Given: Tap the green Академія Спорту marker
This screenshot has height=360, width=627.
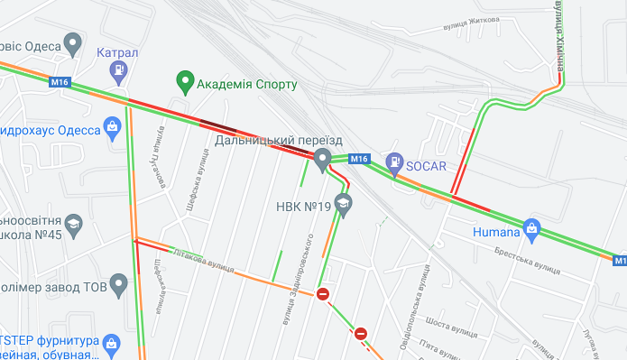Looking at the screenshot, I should click(x=187, y=83).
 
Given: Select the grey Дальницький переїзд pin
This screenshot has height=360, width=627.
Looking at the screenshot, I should click(x=322, y=162).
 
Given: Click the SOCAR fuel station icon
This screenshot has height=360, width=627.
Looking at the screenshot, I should click(x=394, y=163).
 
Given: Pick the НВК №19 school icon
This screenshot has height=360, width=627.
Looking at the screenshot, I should click(x=343, y=206).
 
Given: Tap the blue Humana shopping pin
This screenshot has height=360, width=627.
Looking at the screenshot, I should click(x=532, y=227).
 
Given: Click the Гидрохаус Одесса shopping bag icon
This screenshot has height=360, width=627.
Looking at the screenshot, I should click(x=113, y=126).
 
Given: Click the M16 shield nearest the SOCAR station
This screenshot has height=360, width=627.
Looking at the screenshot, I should click(x=359, y=160).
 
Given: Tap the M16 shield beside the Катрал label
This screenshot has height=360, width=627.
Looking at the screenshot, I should click(x=60, y=82).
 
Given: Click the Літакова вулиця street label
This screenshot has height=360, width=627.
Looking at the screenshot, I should click(x=202, y=263).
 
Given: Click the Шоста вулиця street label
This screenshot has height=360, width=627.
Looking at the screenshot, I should click(x=450, y=323).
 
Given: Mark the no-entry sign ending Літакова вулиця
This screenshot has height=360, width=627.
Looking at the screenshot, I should click(x=323, y=294).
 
